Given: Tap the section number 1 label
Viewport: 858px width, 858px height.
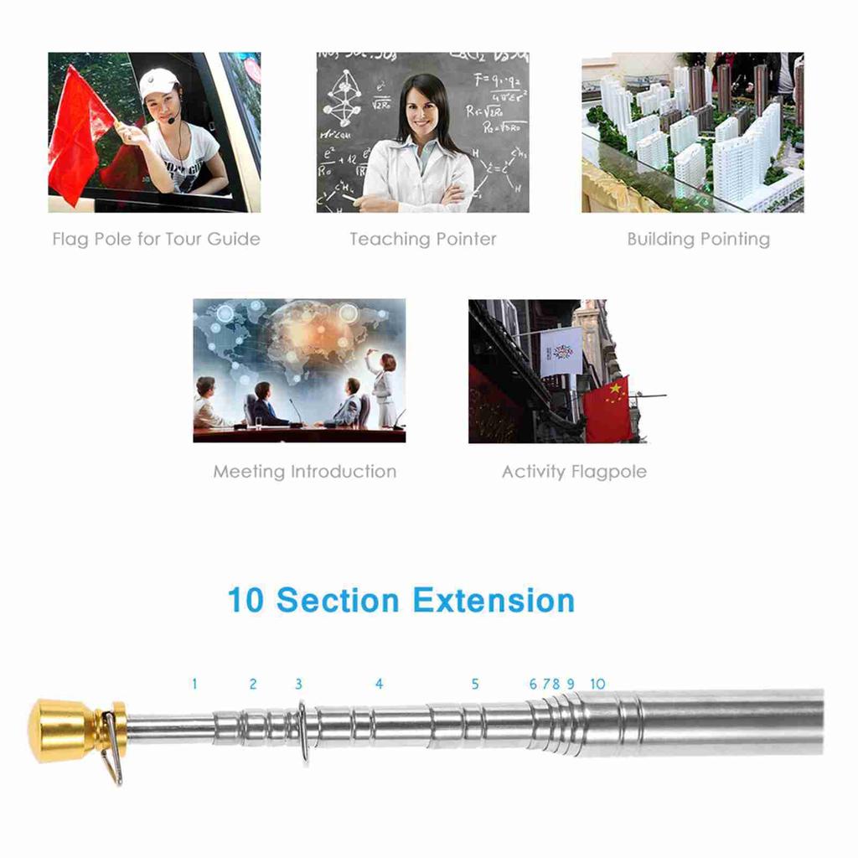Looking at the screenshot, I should coord(194,684).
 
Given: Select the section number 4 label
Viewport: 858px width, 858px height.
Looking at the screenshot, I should coord(379,684).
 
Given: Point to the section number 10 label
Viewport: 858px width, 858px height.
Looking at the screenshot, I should coord(597,684).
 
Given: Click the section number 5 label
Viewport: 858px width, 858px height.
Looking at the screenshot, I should coord(475,684).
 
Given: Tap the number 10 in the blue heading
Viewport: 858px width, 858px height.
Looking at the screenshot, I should coord(246,601).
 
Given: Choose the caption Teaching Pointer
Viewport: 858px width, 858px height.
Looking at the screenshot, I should coord(423,239).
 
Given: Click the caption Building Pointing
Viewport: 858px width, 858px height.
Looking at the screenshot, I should coord(698,239).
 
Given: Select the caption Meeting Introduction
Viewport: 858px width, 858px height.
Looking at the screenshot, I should coord(304,471).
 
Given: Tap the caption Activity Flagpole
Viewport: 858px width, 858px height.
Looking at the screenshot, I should coord(574,471).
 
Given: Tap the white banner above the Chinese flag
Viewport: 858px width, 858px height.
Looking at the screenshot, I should coord(561,351).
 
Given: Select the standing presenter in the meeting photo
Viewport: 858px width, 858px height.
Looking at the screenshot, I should coord(385,389).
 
